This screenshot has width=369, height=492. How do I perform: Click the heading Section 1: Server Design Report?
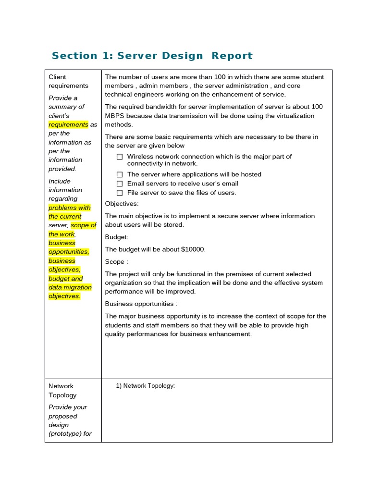tap(152, 56)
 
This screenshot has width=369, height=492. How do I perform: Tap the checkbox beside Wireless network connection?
tap(120, 157)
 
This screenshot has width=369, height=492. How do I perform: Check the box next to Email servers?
tap(120, 184)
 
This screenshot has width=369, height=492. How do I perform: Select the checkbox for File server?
tap(120, 193)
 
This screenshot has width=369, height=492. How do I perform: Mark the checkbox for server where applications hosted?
tap(120, 174)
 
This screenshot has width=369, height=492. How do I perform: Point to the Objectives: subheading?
tap(122, 204)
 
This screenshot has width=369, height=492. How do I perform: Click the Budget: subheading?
tap(117, 237)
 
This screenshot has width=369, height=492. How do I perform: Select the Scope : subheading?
tap(116, 262)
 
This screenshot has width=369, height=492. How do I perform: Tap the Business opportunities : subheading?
tap(141, 304)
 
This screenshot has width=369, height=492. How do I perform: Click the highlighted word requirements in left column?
tap(68, 124)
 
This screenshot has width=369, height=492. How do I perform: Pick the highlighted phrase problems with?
tap(69, 208)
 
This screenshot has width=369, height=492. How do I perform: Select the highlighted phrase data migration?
tap(70, 287)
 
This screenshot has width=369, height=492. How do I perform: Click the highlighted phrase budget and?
tap(65, 279)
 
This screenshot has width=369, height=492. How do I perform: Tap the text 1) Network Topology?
tap(146, 386)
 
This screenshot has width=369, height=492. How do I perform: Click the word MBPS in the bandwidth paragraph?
tap(114, 116)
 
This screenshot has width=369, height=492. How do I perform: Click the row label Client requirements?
tap(68, 81)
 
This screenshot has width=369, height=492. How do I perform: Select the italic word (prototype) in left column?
tap(65, 434)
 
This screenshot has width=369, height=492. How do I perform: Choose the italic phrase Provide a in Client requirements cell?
tap(63, 98)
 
